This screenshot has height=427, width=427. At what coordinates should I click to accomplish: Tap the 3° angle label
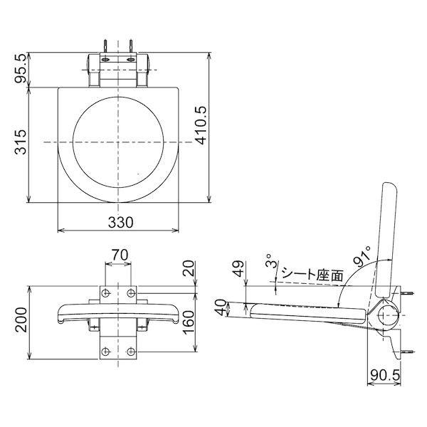(268, 260)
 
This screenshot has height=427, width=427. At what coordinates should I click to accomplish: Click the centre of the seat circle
(118, 142)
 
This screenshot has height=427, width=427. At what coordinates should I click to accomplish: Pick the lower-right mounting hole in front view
(131, 351)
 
